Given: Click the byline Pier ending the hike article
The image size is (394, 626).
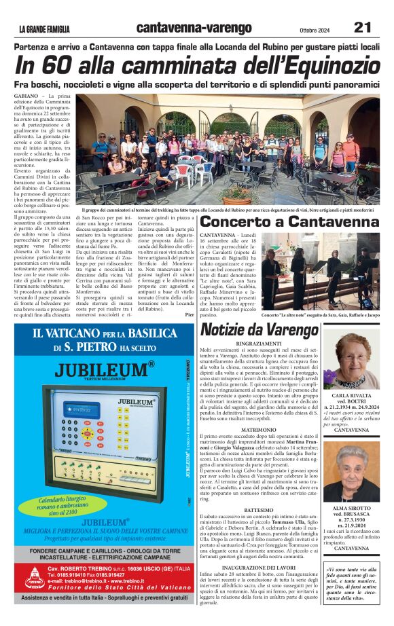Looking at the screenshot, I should point(189,314).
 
